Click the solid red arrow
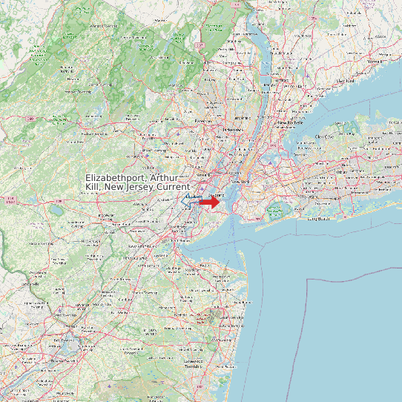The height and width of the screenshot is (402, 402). click(x=210, y=201)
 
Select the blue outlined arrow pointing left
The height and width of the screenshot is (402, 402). click(x=191, y=201)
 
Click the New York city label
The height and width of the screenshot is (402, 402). click(x=240, y=182)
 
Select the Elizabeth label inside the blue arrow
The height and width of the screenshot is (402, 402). click(x=193, y=197)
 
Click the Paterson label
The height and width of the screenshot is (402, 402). click(x=203, y=119)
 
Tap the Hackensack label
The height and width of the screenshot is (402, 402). click(x=228, y=129)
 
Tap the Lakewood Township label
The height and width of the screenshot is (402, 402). click(x=194, y=363)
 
